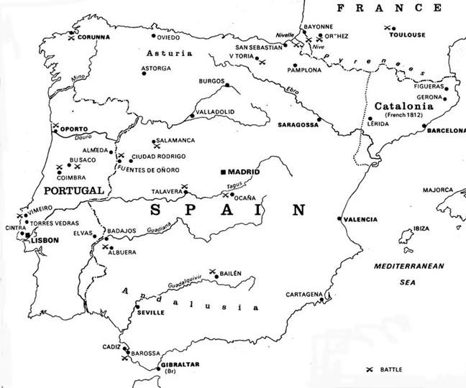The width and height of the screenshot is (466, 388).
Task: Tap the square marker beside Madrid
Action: tap(224, 172)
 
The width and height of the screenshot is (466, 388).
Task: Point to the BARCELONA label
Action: tap(446, 131)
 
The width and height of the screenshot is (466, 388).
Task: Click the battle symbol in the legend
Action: tap(370, 369)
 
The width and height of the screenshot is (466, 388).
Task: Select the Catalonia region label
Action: tap(403, 106)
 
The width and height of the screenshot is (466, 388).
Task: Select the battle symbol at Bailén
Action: tap(213, 272)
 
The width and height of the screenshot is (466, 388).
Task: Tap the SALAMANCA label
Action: tap(176, 140)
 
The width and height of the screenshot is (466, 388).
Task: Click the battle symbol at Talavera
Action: tap(185, 187)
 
